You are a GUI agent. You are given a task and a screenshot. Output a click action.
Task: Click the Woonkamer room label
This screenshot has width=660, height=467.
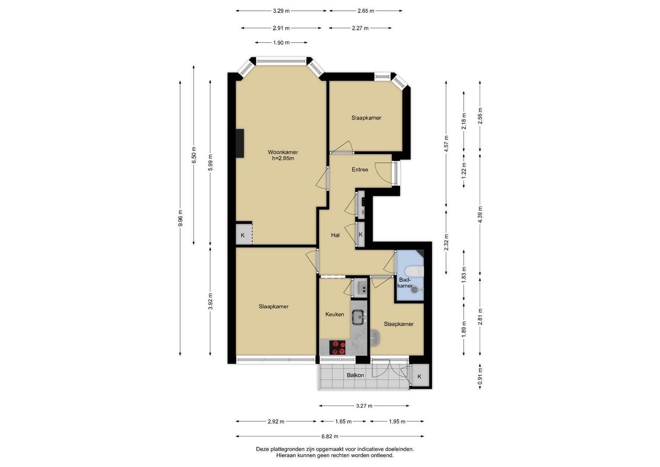pyautogui.click(x=283, y=152)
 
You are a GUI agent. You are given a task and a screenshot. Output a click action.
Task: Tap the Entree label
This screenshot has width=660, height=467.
pyautogui.click(x=360, y=170)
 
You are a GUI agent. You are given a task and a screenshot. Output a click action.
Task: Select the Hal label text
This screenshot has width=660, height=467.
pyautogui.click(x=335, y=235)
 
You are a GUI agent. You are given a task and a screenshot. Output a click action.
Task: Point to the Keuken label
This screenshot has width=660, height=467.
pyautogui.click(x=335, y=314)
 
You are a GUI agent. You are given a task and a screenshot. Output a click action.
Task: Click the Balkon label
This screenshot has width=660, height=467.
pyautogui.click(x=355, y=375)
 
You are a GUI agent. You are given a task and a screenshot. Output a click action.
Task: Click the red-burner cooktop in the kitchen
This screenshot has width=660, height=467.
pyautogui.click(x=337, y=347)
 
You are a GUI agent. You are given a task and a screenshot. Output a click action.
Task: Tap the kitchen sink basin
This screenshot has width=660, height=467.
pyautogui.click(x=359, y=317)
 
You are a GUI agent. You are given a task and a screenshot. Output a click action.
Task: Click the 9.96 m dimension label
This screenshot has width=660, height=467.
pyautogui.click(x=180, y=218)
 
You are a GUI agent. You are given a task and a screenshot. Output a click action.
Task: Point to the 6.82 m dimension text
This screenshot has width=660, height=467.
pyautogui.click(x=330, y=436)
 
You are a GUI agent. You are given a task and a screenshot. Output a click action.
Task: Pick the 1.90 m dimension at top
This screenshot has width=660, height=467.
pyautogui.click(x=281, y=43)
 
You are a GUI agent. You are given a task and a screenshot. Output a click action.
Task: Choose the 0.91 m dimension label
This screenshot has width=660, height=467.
pyautogui.click(x=480, y=376)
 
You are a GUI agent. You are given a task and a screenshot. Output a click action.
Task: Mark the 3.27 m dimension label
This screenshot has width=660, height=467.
pyautogui.click(x=364, y=406)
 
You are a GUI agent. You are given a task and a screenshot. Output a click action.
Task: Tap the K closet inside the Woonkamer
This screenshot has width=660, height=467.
pyautogui.click(x=244, y=235)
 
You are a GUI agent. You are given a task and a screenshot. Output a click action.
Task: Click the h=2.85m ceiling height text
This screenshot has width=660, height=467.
pyautogui.click(x=283, y=158)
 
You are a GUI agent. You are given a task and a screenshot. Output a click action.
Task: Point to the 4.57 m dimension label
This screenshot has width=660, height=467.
pyautogui.click(x=446, y=144)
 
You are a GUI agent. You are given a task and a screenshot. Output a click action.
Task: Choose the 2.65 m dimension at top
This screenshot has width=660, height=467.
pyautogui.click(x=366, y=11)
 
